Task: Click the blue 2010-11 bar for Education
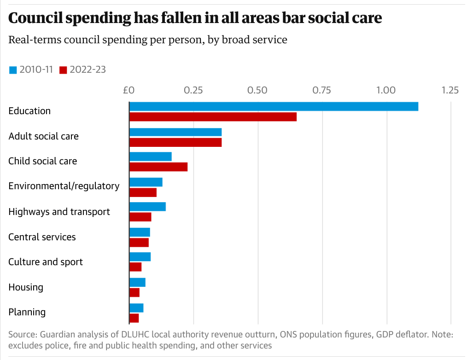[x=274, y=106]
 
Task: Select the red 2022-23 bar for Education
[x=213, y=117]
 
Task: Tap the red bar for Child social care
[x=158, y=167]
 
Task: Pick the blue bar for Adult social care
[x=175, y=132]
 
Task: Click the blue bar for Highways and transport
[x=147, y=207]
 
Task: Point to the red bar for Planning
[x=134, y=318]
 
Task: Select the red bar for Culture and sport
[x=135, y=267]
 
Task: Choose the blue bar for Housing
[x=137, y=282]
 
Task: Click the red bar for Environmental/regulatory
[x=143, y=192]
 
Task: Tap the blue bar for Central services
[x=140, y=232]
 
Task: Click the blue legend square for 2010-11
[x=13, y=70]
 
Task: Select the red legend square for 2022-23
[x=64, y=70]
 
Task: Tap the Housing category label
[x=26, y=287]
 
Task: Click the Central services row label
[x=42, y=237]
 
